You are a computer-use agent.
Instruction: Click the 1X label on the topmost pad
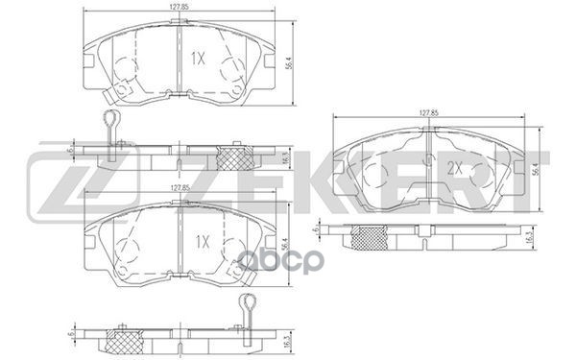pos(199,59)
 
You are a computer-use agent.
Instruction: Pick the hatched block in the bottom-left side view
pos(127,341)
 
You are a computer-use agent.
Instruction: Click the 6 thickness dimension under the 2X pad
pos(315,232)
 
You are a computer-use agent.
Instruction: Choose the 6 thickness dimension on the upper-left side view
pos(70,150)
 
